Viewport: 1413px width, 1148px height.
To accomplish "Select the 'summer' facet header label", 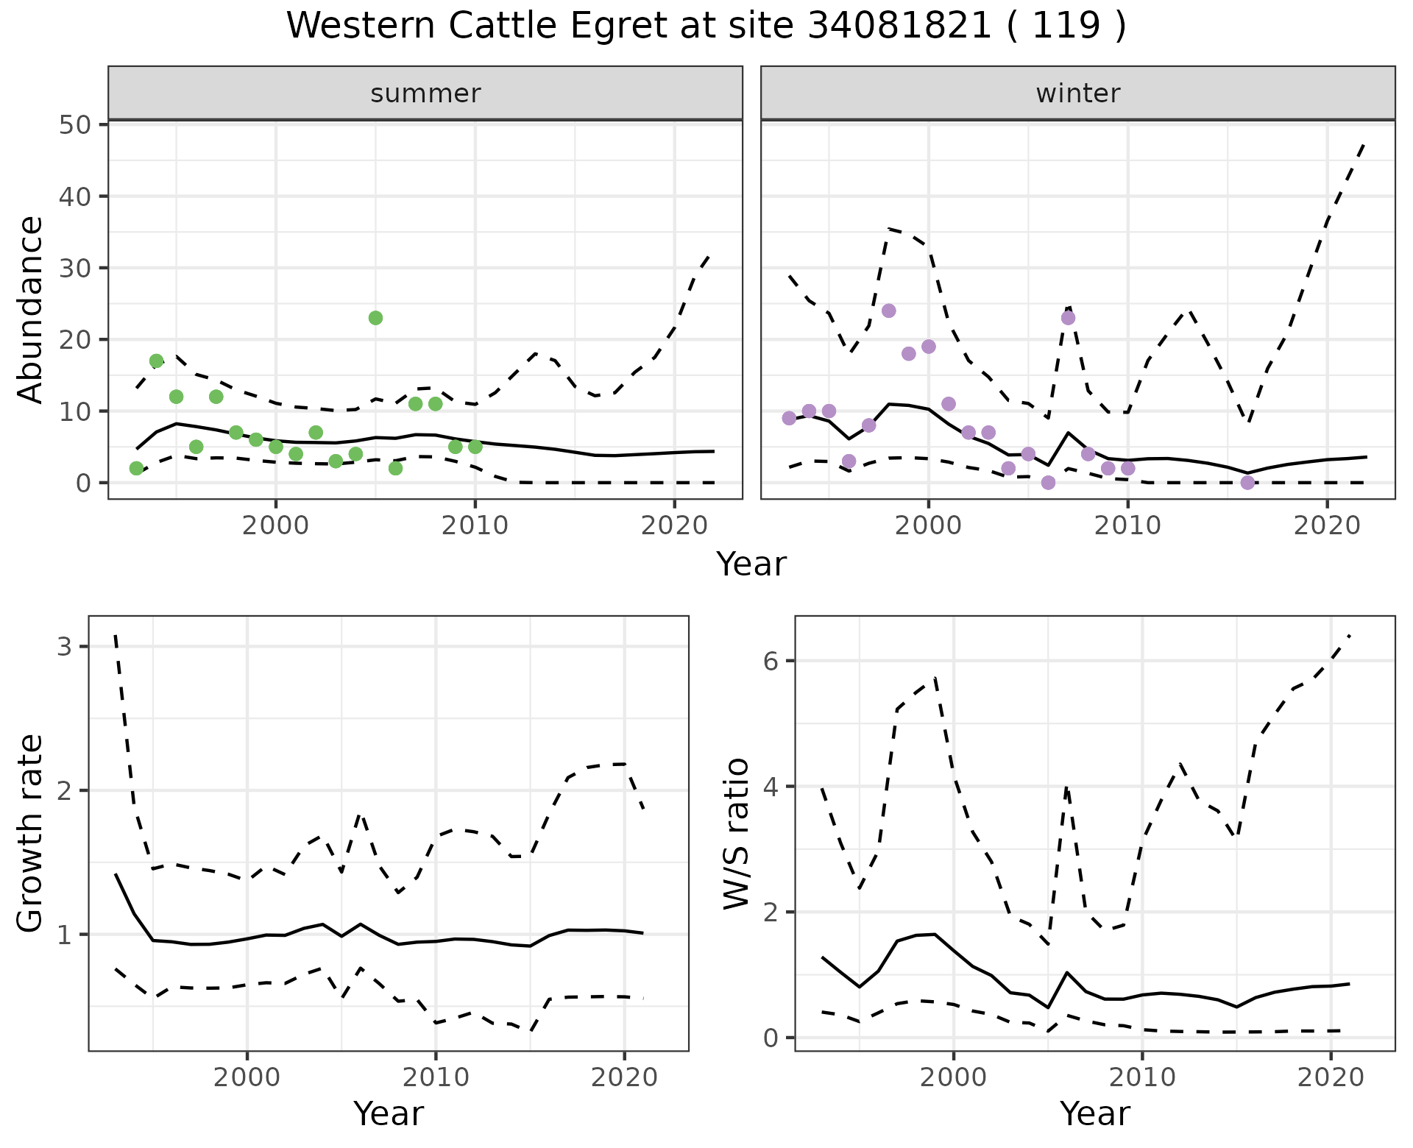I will [425, 93].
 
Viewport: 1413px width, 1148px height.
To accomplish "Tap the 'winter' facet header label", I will [1077, 93].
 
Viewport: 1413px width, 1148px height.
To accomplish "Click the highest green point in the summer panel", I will [375, 318].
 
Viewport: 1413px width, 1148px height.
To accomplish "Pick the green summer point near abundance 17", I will [156, 361].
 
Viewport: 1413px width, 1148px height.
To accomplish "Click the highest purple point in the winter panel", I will [888, 311].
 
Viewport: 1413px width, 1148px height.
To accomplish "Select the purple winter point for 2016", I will [1247, 483].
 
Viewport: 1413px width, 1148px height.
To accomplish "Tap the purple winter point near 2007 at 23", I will [1068, 318].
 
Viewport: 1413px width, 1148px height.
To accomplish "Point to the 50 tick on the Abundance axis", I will [74, 124].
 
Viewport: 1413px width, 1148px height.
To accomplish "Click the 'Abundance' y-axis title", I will [31, 310].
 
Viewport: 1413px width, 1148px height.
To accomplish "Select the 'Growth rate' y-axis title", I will [31, 834].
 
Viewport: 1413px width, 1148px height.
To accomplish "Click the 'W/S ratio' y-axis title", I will [737, 834].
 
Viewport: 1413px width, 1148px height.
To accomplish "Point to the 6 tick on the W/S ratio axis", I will [770, 661].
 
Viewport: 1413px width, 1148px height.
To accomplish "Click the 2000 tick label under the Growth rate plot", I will [247, 1078].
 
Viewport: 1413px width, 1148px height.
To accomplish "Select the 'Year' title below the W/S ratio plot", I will [1094, 1113].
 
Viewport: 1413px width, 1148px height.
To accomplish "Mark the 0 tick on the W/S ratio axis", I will [770, 1038].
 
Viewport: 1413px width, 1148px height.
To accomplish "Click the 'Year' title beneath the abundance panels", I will [751, 564].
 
